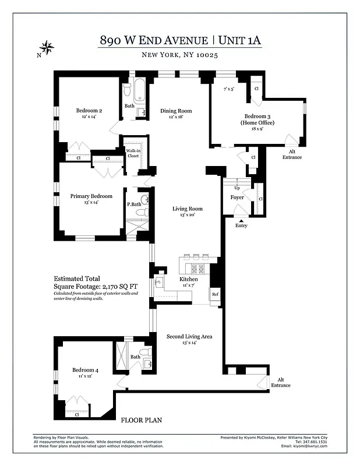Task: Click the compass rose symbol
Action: (47, 47)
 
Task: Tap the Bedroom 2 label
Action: (89, 111)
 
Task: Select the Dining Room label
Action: (175, 111)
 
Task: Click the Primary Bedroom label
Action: (91, 196)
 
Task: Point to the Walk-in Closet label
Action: (133, 153)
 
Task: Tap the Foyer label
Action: (237, 197)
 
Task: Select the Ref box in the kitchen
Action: (214, 295)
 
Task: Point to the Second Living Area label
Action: (189, 336)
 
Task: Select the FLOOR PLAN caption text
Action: (141, 420)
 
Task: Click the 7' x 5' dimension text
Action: (228, 89)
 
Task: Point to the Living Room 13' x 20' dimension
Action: (188, 215)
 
